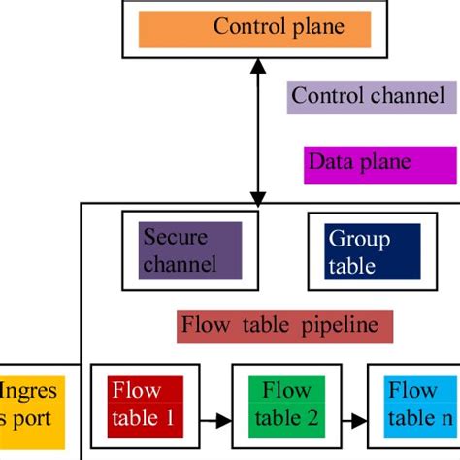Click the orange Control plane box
(255, 28)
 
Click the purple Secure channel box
(191, 251)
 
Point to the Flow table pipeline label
(285, 326)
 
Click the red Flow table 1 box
(144, 404)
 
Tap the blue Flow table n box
(419, 404)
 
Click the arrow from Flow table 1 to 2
(216, 421)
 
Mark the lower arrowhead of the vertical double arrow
(257, 196)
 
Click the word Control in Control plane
(246, 27)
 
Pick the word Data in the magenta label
(330, 162)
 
